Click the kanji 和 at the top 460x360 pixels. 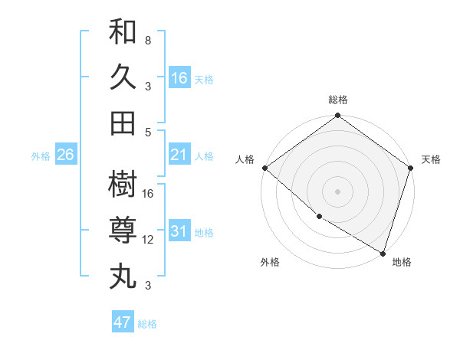123,33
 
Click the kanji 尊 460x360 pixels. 123,231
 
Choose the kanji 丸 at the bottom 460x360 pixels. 123,275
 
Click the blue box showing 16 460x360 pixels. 179,77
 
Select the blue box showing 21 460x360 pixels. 179,155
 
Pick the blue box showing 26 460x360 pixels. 65,155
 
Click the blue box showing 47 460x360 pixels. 123,322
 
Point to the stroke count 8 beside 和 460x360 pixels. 148,39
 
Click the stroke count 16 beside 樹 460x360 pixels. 148,193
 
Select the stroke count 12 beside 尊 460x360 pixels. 148,240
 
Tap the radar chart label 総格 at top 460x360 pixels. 337,100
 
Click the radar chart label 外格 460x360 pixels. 270,262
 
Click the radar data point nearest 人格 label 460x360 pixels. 264,168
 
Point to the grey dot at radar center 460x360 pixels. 337,191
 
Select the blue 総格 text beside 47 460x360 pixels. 147,324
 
